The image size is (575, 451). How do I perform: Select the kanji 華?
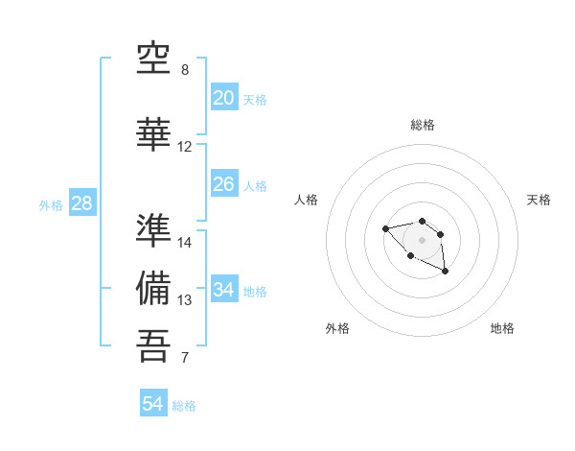point(154,133)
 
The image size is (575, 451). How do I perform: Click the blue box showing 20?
point(223,98)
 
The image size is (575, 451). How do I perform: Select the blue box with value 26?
point(223,184)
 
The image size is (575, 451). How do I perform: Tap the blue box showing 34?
point(223,290)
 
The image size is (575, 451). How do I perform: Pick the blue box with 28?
point(81,203)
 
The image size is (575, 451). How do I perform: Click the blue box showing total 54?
point(153,404)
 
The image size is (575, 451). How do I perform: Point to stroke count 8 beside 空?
point(185,70)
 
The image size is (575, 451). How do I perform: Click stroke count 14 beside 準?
point(185,243)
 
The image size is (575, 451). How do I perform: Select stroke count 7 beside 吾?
point(185,359)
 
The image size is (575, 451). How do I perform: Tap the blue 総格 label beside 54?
point(184,406)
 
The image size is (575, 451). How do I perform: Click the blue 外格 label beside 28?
point(51,205)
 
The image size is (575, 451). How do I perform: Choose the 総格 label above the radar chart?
point(422,125)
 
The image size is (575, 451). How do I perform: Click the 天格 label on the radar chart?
point(539,200)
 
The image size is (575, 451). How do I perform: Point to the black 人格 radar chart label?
point(307,200)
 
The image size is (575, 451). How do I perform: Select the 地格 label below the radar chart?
point(502,328)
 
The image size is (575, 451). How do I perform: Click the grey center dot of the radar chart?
point(422,239)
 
